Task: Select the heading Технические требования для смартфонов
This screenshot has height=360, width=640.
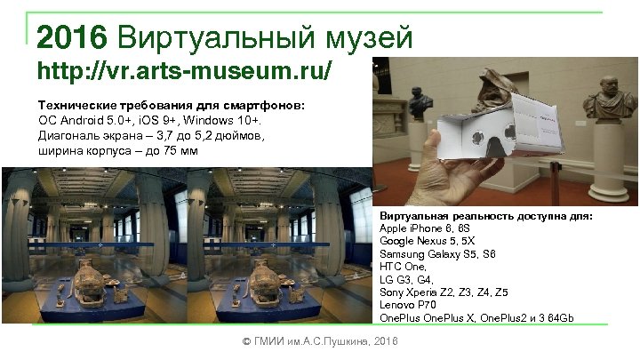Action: tap(171, 106)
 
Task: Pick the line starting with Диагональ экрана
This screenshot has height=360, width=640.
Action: tap(151, 136)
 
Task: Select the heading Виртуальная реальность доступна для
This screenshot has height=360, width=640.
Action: tap(485, 217)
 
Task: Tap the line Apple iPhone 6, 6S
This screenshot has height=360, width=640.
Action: tap(428, 229)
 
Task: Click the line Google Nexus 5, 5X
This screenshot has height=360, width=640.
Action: tap(427, 242)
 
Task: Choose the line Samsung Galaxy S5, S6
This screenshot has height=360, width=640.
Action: tap(438, 254)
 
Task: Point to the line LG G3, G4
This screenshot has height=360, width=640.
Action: tap(408, 280)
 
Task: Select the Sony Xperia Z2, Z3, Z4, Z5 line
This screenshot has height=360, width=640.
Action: tap(444, 292)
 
